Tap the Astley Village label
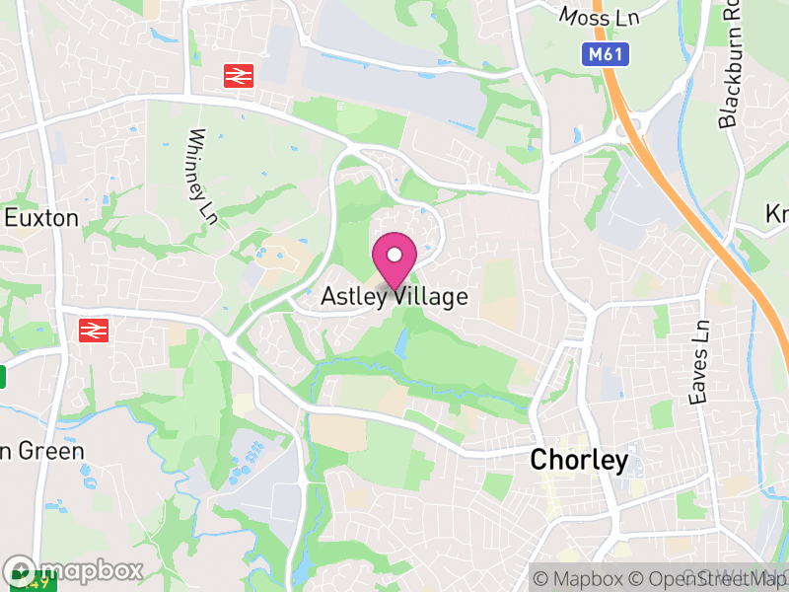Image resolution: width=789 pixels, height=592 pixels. click(x=394, y=296)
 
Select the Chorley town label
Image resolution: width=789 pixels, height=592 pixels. click(x=579, y=460)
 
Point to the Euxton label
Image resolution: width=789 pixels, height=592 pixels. click(x=41, y=218)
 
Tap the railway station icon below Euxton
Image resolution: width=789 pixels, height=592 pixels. click(x=93, y=330)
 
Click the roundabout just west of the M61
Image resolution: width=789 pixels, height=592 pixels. click(x=629, y=126)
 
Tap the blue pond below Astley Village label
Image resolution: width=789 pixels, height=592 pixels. click(x=402, y=343)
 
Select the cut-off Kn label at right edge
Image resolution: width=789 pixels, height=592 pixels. click(x=777, y=214)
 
